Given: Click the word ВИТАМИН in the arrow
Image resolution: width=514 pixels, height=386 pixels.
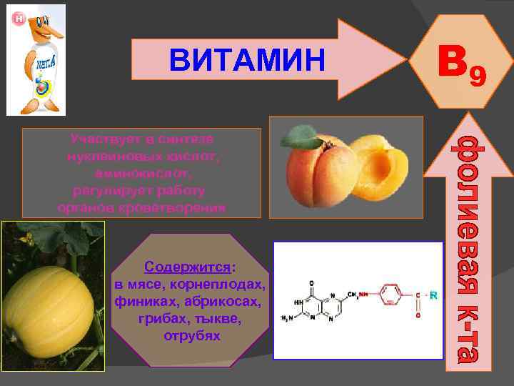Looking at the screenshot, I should pyautogui.click(x=247, y=60).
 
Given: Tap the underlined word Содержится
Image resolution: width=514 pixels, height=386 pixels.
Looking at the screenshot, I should pyautogui.click(x=188, y=267).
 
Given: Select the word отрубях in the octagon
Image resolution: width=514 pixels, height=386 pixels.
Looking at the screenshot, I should pyautogui.click(x=192, y=335).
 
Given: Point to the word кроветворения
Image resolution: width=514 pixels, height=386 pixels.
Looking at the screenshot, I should pyautogui.click(x=181, y=207).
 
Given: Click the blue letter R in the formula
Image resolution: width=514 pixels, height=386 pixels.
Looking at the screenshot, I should pyautogui.click(x=433, y=295).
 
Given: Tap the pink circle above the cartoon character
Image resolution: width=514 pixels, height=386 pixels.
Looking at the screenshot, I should pyautogui.click(x=20, y=17).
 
